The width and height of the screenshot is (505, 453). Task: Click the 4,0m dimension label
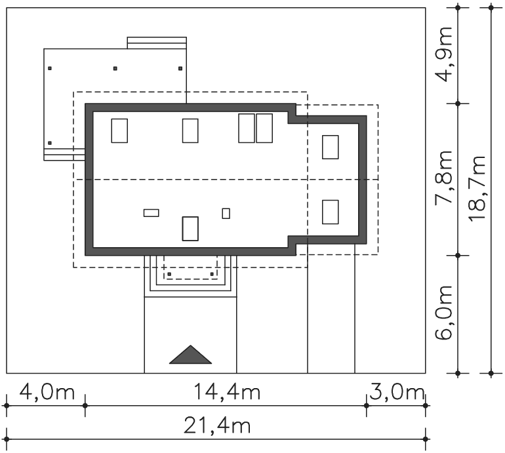[x=47, y=393]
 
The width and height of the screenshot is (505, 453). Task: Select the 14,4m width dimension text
[x=227, y=393]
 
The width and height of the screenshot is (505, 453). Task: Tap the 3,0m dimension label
[x=397, y=393]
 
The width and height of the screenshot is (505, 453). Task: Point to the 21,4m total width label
[x=217, y=425]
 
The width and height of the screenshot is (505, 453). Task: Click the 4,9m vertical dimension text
[x=444, y=54]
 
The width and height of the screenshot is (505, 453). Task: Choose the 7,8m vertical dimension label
[x=444, y=178]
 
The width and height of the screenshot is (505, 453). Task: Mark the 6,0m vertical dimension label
[x=444, y=313]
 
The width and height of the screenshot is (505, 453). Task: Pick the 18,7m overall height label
[x=477, y=189]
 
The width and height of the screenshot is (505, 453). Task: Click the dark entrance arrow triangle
[x=190, y=355]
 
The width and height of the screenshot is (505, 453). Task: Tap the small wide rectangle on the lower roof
[x=151, y=213]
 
